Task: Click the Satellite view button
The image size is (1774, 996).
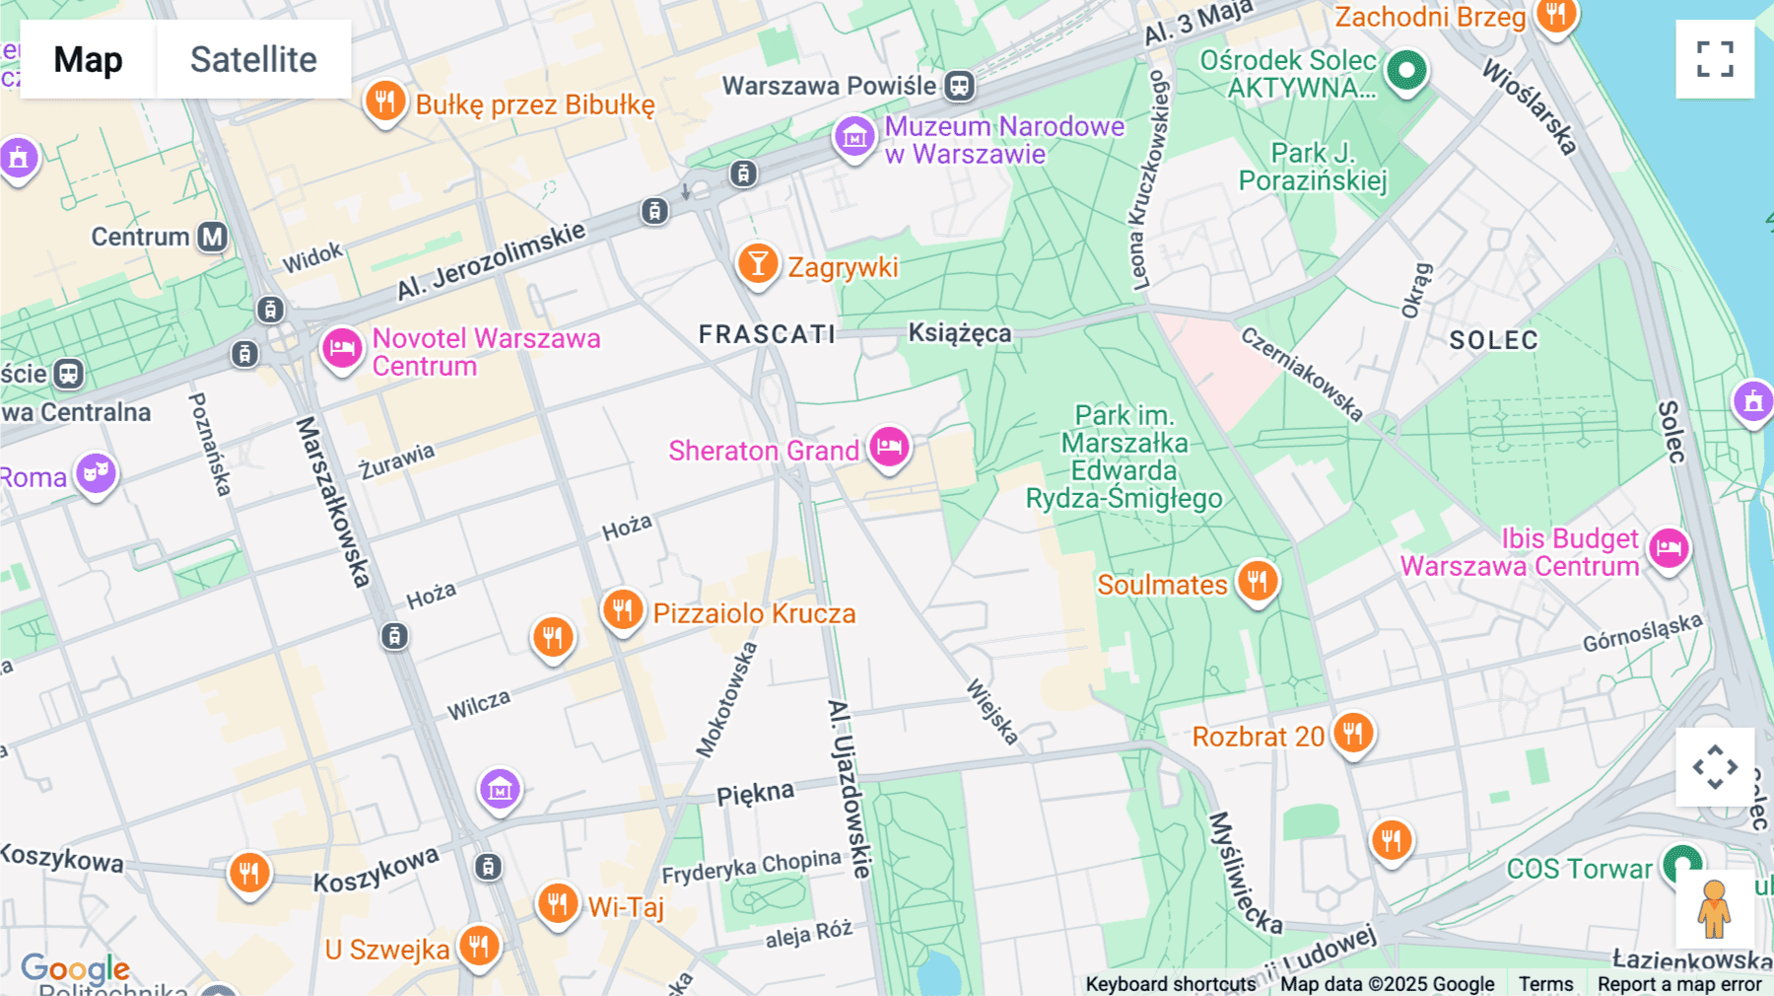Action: click(253, 59)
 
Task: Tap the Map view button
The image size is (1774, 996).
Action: click(88, 59)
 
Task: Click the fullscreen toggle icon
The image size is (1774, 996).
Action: click(1715, 59)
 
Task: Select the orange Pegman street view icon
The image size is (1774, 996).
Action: click(1714, 908)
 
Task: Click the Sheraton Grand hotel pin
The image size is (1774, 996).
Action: click(889, 447)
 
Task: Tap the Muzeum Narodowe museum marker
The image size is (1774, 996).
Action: click(854, 137)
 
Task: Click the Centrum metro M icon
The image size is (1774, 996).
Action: click(213, 237)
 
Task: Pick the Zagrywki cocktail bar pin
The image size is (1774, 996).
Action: click(758, 264)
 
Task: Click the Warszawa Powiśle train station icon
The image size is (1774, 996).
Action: click(959, 86)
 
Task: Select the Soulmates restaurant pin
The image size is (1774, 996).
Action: click(1258, 581)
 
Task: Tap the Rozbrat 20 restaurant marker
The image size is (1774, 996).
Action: click(1353, 734)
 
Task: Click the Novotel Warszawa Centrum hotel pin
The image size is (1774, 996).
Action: click(342, 348)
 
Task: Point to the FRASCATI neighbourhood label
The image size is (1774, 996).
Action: click(767, 334)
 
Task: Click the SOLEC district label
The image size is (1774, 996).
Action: click(1493, 340)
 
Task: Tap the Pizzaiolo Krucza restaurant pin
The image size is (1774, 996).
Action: click(623, 610)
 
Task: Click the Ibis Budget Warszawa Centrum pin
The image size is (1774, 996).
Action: click(1669, 547)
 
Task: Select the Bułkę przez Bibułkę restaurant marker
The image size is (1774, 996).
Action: click(385, 101)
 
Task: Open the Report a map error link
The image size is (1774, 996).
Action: click(1679, 984)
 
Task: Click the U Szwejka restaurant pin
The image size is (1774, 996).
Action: click(479, 947)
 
